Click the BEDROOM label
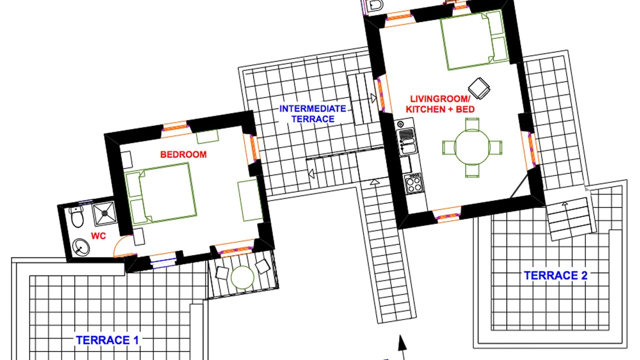pyautogui.click(x=183, y=154)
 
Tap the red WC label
pyautogui.click(x=98, y=235)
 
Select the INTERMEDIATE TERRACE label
pyautogui.click(x=312, y=113)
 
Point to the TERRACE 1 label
pyautogui.click(x=107, y=340)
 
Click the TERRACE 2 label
pyautogui.click(x=555, y=275)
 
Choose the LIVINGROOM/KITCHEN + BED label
pyautogui.click(x=440, y=104)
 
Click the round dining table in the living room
pyautogui.click(x=472, y=147)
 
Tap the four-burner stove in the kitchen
pyautogui.click(x=414, y=183)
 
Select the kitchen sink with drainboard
pyautogui.click(x=407, y=141)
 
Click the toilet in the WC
pyautogui.click(x=77, y=216)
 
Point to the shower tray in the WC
pyautogui.click(x=104, y=213)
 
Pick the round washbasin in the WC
pyautogui.click(x=81, y=247)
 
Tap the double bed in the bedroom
pyautogui.click(x=160, y=193)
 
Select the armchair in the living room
pyautogui.click(x=479, y=88)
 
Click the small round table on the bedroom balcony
pyautogui.click(x=242, y=277)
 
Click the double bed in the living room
pyautogui.click(x=474, y=40)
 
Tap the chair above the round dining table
pyautogui.click(x=471, y=124)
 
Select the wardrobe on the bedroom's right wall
pyautogui.click(x=250, y=200)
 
